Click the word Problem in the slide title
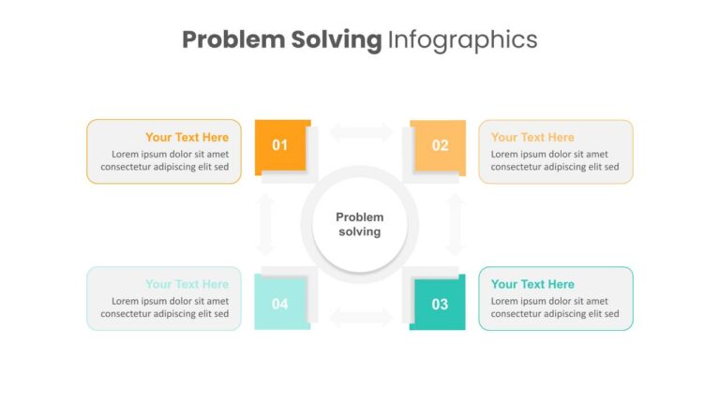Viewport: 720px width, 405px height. (x=233, y=39)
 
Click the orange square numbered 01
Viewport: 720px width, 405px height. (x=280, y=145)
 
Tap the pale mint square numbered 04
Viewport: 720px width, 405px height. (x=280, y=304)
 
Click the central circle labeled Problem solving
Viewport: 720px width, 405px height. (x=360, y=225)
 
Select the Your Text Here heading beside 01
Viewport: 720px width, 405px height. (x=187, y=137)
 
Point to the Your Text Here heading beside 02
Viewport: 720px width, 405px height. (x=532, y=137)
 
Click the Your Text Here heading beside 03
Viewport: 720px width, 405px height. (x=532, y=284)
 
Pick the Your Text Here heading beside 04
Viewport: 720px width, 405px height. (x=187, y=284)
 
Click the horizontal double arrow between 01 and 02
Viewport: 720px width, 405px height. (x=360, y=132)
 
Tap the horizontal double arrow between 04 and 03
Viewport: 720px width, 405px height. (x=360, y=317)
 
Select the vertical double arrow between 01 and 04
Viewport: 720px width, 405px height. (x=265, y=225)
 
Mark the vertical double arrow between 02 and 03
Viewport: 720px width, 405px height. (x=455, y=225)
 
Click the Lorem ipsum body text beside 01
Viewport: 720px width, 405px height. (x=165, y=160)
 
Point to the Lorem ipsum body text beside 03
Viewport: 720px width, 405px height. (x=555, y=307)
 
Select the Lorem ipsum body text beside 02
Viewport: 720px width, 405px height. (x=555, y=160)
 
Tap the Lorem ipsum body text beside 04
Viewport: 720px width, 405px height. (x=165, y=307)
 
